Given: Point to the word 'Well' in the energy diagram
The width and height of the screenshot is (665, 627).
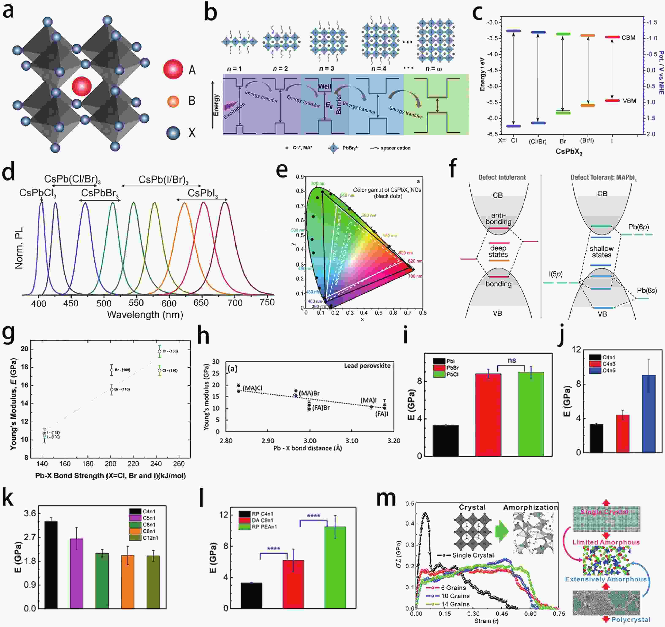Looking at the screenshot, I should coord(324,86).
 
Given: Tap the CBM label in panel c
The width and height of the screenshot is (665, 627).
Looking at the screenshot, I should coord(628,38).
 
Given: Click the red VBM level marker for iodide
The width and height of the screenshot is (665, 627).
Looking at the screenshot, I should coord(612,100).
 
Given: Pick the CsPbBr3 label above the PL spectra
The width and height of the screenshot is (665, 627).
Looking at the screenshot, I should coord(100,193).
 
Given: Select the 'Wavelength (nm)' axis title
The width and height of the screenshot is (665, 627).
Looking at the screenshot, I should coord(145,315).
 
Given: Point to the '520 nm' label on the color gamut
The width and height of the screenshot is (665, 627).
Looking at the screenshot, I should coord(318,184).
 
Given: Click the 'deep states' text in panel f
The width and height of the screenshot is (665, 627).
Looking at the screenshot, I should coord(498,251).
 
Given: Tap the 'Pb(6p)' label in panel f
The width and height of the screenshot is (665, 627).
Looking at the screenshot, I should coord(638,227).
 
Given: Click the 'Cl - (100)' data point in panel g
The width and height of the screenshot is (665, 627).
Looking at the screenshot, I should coord(160,351).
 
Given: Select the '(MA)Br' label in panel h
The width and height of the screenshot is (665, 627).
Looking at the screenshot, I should coord(309,393).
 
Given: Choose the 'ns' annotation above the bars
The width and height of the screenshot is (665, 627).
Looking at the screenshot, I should coord(512,360).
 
